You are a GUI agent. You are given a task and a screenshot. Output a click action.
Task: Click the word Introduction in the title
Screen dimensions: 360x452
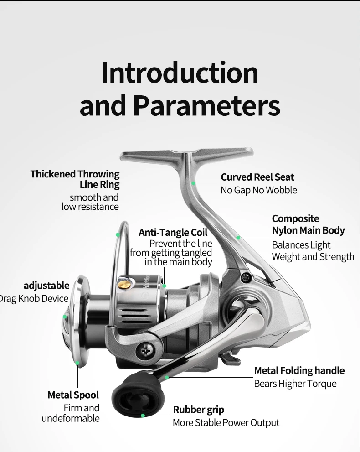[180, 73]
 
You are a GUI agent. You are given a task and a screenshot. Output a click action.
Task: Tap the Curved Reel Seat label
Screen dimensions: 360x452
[257, 177]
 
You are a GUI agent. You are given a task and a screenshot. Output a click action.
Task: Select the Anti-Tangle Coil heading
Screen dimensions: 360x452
[173, 232]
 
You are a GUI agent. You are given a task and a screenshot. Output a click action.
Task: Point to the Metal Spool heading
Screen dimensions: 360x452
[73, 395]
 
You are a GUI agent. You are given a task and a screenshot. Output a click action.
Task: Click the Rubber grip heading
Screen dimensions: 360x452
[198, 410]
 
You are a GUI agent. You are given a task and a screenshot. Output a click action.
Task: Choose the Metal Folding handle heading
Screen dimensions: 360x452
[299, 370]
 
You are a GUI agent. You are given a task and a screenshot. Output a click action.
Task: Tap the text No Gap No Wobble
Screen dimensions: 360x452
[259, 190]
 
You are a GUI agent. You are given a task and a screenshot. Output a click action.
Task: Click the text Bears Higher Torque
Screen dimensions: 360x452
[295, 384]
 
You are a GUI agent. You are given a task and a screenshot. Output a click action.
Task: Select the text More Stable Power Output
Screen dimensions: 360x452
[226, 423]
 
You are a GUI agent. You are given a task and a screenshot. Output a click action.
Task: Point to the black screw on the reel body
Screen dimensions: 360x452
[246, 278]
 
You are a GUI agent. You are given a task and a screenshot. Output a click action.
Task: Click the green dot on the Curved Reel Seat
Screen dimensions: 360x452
[193, 183]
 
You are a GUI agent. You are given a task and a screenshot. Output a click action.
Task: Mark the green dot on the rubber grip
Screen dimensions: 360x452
[143, 416]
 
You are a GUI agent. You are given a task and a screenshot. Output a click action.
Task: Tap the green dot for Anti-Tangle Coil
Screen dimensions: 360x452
[164, 286]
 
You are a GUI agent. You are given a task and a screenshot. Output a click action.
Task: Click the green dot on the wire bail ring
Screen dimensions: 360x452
[118, 234]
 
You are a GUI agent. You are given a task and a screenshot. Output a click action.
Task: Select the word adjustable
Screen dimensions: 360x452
[46, 286]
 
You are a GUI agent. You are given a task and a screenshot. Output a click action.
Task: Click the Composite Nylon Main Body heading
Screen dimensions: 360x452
[308, 224]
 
